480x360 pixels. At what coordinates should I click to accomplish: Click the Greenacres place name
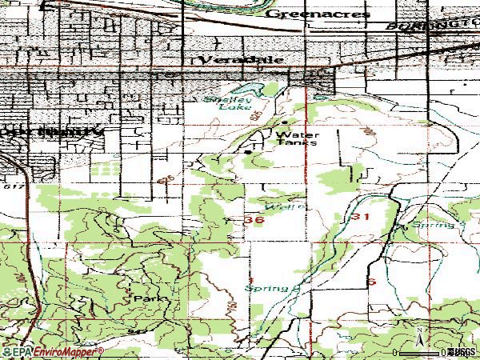pos(318,14)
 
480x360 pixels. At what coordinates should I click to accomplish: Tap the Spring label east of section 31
pos(437,226)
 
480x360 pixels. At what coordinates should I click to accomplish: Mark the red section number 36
pos(256,220)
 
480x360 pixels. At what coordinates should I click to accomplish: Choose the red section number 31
pos(358,217)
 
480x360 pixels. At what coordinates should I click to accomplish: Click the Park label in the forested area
pos(150,298)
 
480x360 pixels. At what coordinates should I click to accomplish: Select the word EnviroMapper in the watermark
pos(62,351)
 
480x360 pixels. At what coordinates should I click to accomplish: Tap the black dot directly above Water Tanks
pos(285,123)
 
